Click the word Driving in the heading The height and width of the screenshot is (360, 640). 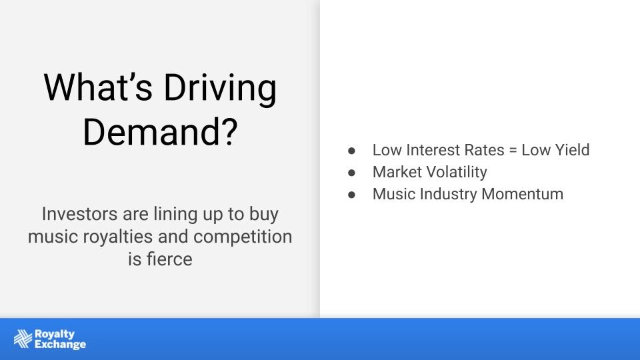click(x=221, y=89)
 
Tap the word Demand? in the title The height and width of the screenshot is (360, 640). click(x=161, y=131)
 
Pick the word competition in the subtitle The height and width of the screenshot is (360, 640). click(x=243, y=237)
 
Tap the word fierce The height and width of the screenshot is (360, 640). click(x=169, y=259)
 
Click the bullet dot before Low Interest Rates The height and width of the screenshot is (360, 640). click(x=351, y=151)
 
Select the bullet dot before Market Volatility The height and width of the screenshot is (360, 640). click(x=351, y=173)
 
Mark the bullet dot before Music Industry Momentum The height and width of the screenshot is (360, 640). click(x=351, y=195)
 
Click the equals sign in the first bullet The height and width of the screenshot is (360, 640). click(x=513, y=151)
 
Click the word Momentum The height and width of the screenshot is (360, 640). click(x=523, y=194)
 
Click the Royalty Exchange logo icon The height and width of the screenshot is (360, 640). click(x=23, y=339)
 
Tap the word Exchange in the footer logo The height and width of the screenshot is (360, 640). click(x=61, y=345)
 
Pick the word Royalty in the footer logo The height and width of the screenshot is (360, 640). click(x=55, y=334)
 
